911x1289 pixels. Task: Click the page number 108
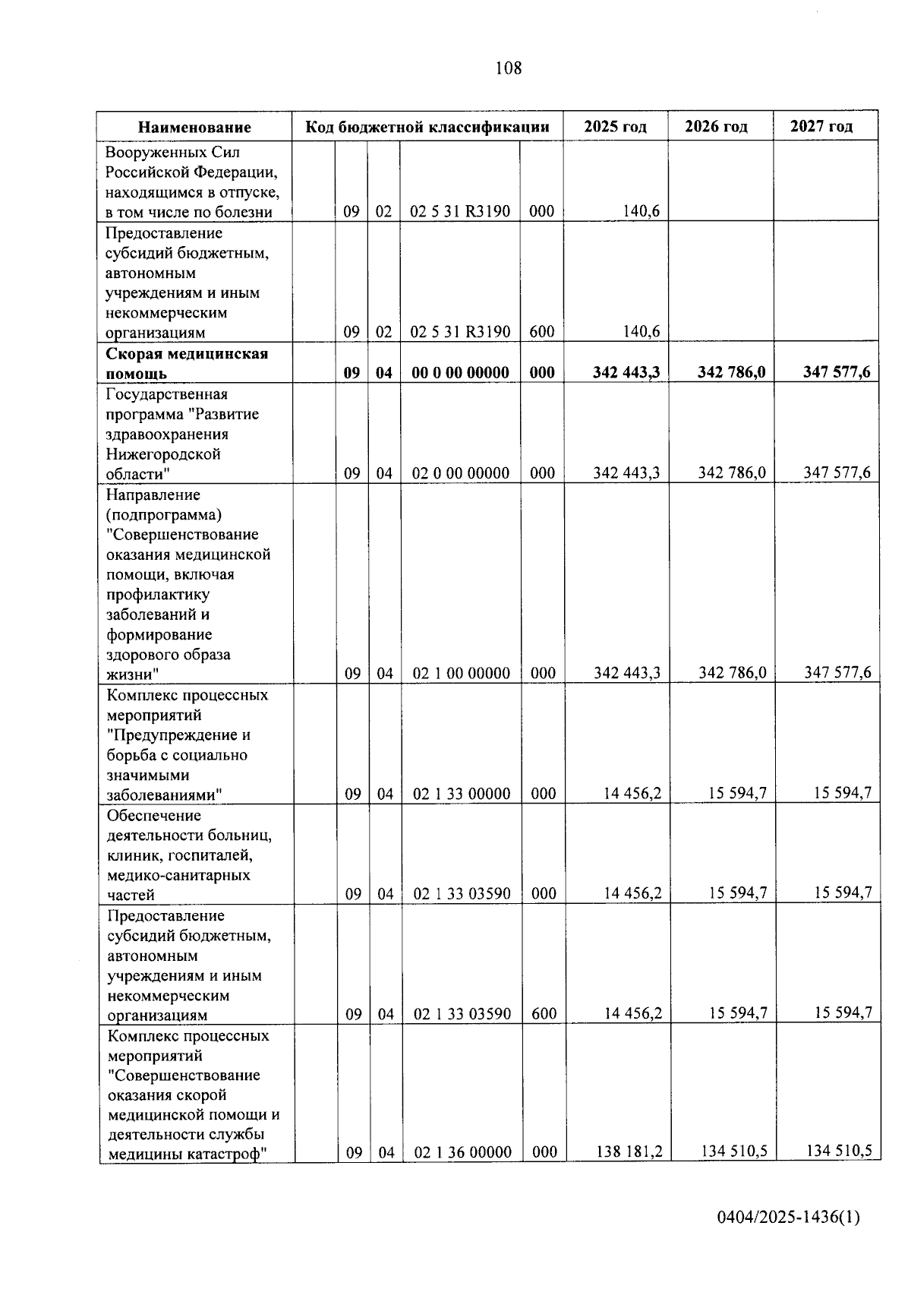[508, 68]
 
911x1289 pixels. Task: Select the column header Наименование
[194, 127]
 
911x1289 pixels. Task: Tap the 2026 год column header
[716, 126]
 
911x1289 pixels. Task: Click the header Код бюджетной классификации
[427, 126]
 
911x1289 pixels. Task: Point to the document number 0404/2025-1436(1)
[789, 1218]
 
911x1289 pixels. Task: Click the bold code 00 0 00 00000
[460, 372]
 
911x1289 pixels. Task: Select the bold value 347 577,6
[837, 372]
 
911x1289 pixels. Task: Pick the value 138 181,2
[629, 1152]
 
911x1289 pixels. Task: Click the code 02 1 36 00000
[463, 1152]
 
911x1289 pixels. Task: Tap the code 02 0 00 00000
[461, 473]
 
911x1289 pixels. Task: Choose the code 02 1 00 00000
[462, 673]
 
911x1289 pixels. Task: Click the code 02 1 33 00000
[462, 794]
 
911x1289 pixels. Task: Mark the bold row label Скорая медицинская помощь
[186, 363]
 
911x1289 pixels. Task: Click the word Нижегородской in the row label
[163, 454]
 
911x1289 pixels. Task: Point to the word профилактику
[158, 594]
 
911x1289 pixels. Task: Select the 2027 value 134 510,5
[838, 1151]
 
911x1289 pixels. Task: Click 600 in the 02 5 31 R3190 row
[542, 332]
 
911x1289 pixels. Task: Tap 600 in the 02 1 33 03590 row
[544, 1013]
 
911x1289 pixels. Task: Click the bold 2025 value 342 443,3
[626, 372]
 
